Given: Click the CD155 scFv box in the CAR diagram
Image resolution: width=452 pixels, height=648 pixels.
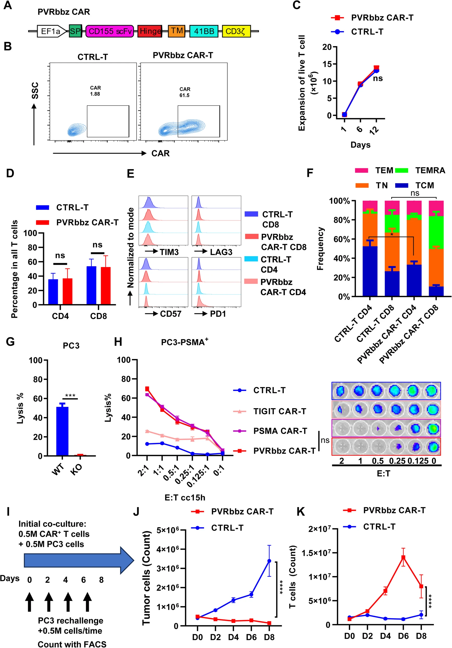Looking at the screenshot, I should point(109,31).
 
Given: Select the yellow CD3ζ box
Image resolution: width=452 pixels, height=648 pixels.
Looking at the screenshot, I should point(236,31).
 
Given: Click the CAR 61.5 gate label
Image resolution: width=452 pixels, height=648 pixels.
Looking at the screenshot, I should point(185,92).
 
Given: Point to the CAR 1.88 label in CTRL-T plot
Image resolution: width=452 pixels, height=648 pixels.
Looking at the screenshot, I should point(95,91).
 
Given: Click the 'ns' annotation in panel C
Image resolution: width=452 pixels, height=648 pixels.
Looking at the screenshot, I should point(378,78).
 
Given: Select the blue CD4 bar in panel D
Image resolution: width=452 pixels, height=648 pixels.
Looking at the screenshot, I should point(53,292).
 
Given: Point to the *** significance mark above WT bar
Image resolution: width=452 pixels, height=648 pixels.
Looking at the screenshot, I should point(70,396).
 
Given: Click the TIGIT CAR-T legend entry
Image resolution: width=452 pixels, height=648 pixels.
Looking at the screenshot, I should point(279,411).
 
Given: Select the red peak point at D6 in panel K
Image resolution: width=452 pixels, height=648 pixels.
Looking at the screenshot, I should point(403,557).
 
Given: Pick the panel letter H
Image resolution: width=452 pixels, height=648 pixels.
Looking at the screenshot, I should point(118,342).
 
